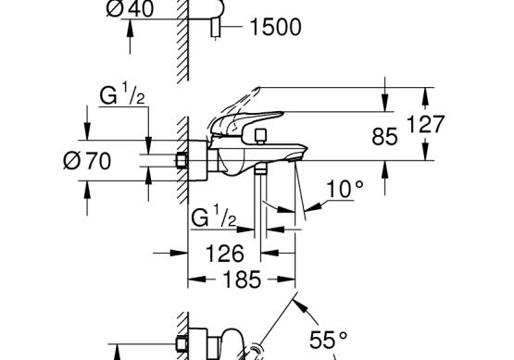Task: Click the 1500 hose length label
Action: pos(275,27)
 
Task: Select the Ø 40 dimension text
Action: pos(131,8)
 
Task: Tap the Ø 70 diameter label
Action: pos(87,161)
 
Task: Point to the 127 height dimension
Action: pos(425,124)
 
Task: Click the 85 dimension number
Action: pos(385,137)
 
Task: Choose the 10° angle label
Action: pos(345,189)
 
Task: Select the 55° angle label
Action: pos(328,340)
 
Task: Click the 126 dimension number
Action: pos(225,254)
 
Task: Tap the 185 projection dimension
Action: pos(242,279)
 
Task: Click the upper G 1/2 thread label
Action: pos(122,94)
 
